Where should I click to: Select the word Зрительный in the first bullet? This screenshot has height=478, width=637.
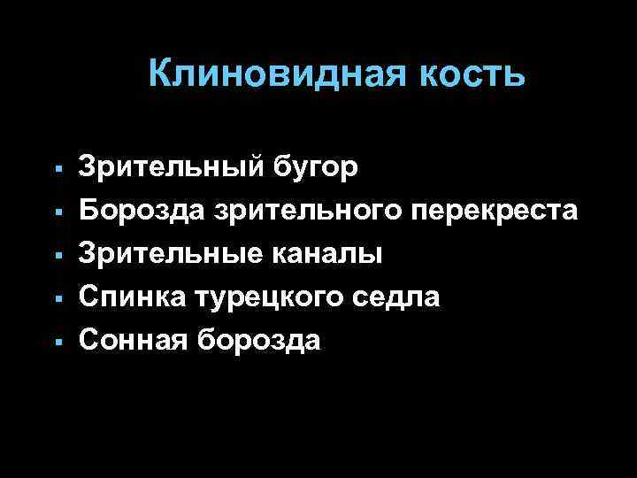click(178, 167)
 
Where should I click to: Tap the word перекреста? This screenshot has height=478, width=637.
click(495, 211)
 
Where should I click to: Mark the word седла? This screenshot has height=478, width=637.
click(397, 297)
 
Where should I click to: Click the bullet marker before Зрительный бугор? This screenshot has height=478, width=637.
click(57, 169)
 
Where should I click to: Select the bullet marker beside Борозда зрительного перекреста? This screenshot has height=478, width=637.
click(57, 212)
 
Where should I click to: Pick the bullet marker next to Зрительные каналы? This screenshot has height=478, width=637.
click(57, 255)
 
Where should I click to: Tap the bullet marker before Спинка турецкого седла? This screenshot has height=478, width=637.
click(57, 298)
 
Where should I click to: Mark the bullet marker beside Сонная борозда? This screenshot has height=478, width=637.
click(57, 341)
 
